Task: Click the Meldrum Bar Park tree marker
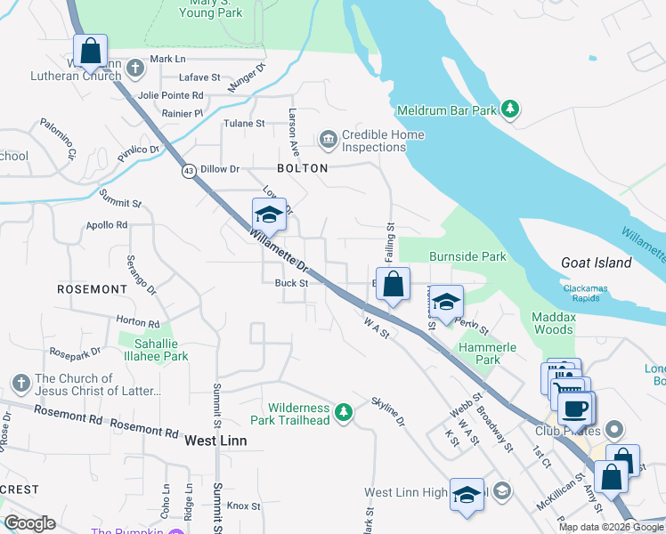509,109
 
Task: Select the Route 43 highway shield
189,171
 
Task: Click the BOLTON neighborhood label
303,168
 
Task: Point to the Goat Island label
597,263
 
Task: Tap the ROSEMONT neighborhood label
93,289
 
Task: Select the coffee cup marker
576,409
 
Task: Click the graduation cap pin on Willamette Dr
269,214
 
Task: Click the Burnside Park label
467,257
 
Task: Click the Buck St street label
291,283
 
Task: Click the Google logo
30,523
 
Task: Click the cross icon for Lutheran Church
134,67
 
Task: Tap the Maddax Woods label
553,322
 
